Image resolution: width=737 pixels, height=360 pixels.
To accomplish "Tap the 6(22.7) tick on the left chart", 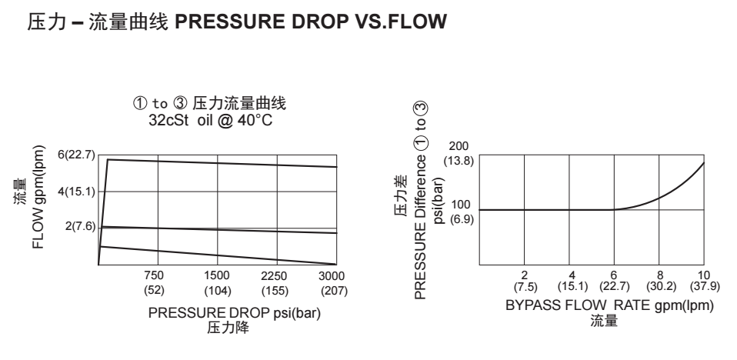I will click(x=78, y=155).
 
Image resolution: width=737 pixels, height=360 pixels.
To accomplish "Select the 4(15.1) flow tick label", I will click(x=78, y=191).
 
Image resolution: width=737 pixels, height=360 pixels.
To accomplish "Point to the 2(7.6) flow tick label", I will click(x=81, y=227).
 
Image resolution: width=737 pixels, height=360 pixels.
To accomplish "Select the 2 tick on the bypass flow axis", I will click(x=524, y=275).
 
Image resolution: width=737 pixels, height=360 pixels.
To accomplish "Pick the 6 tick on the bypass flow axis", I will click(x=614, y=275).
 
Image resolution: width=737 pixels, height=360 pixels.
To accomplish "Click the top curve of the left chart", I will click(x=223, y=163).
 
